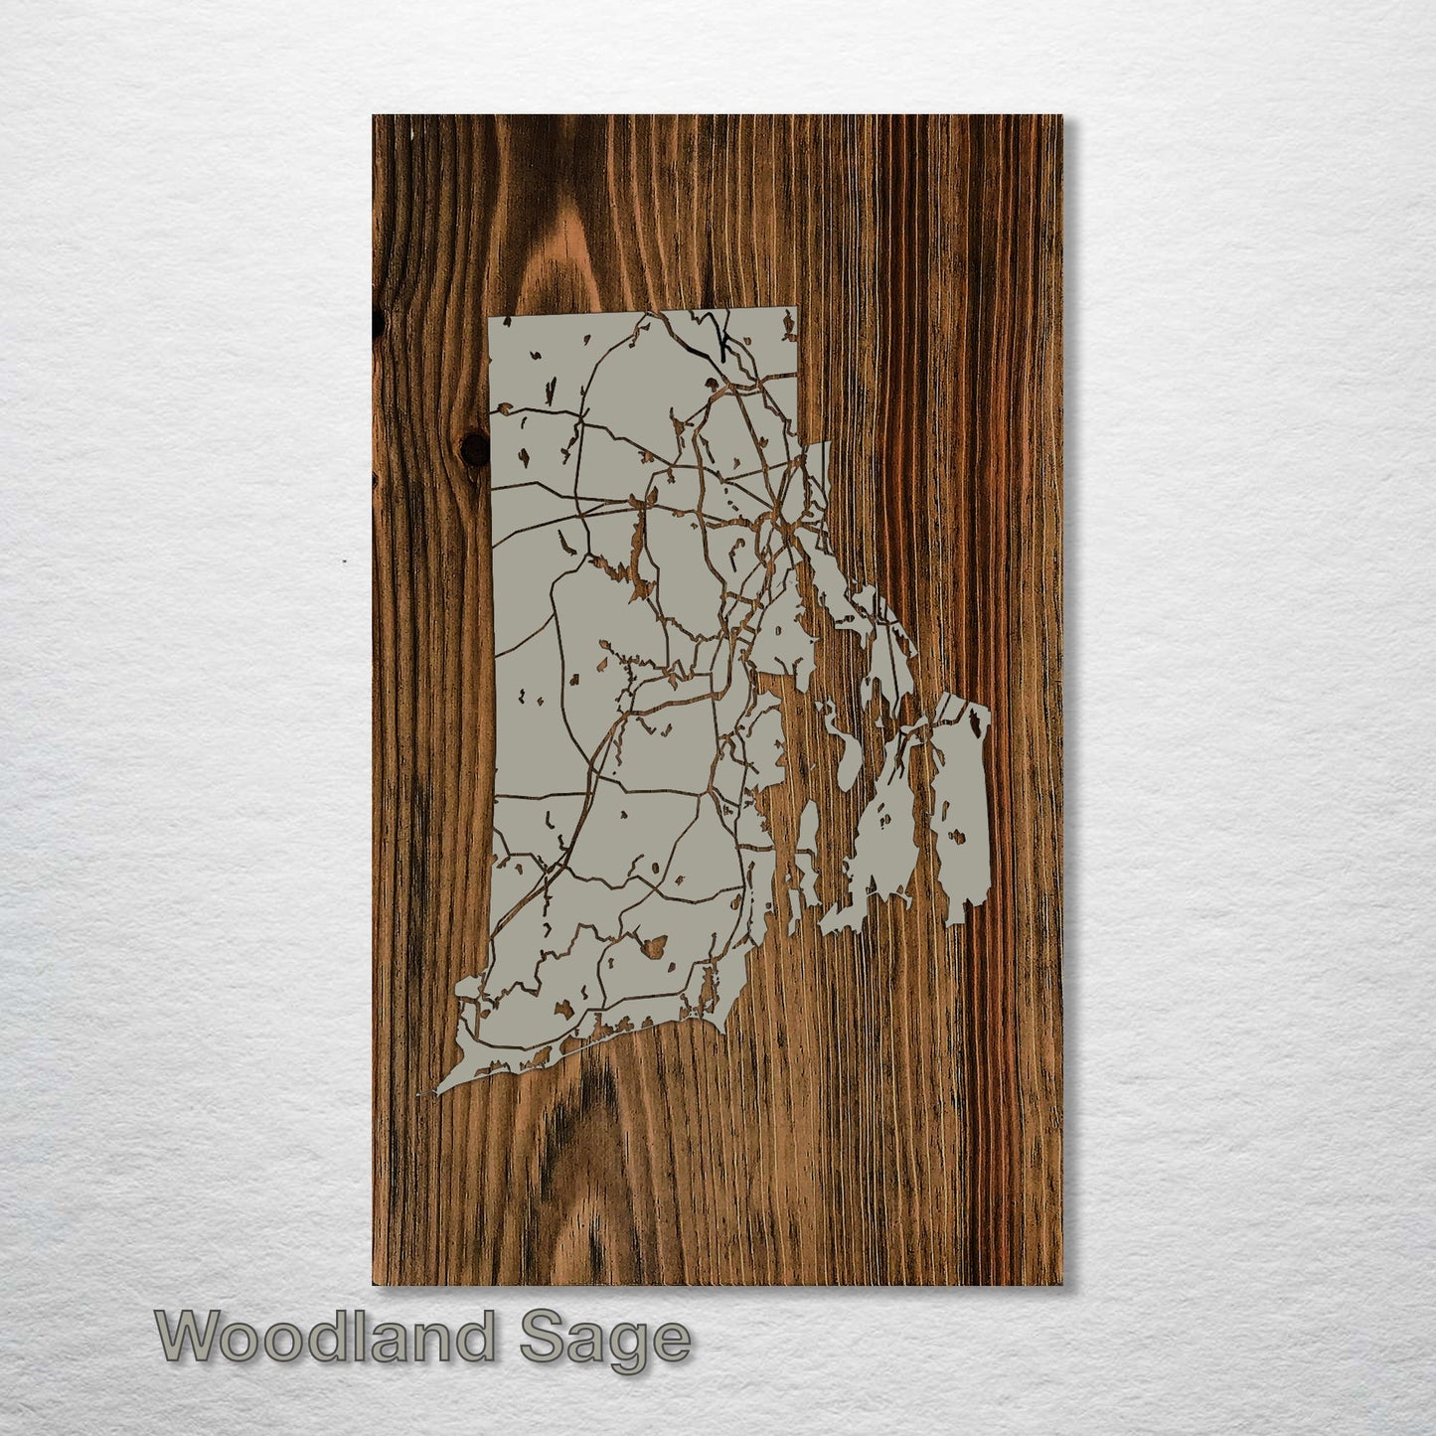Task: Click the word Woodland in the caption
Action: coord(324,1338)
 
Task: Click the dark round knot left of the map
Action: coord(476,450)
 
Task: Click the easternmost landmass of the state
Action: coord(958,815)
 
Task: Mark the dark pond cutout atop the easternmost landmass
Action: coord(978,731)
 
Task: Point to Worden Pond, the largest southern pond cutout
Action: coord(654,944)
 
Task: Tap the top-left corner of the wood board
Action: coord(374,116)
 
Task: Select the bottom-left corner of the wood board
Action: coord(374,1283)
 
